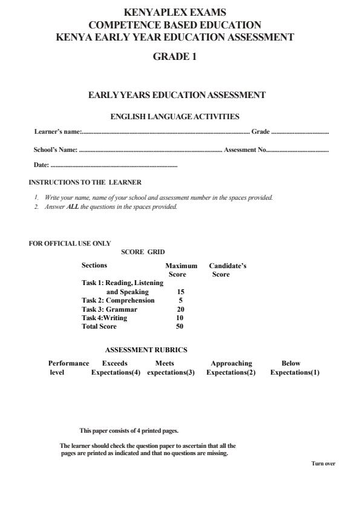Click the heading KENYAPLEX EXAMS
[x=175, y=12]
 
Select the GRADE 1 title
[x=175, y=57]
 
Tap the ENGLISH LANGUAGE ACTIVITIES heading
[x=175, y=116]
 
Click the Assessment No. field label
[x=245, y=149]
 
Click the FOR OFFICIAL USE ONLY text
[x=70, y=243]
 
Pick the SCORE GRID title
[x=143, y=252]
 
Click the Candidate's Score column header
[x=227, y=270]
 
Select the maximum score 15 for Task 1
[x=180, y=292]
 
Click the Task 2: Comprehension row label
[x=118, y=300]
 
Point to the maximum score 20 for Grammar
[x=180, y=309]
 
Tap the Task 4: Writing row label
[x=105, y=318]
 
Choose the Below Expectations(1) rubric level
[x=295, y=368]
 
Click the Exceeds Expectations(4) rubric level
[x=116, y=368]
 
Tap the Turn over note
[x=322, y=464]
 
